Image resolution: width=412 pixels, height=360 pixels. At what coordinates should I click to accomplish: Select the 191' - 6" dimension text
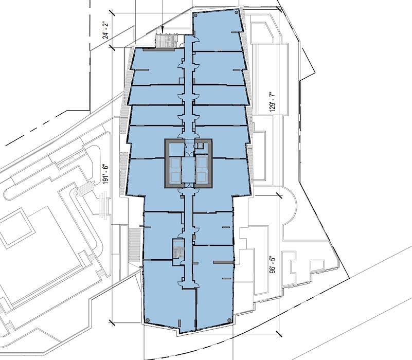[x=105, y=174]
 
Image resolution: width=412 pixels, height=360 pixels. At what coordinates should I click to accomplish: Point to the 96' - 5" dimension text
[x=273, y=265]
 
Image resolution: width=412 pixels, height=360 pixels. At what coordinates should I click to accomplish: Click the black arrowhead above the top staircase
[x=163, y=29]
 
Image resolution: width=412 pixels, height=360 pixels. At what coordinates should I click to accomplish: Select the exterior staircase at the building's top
[x=166, y=41]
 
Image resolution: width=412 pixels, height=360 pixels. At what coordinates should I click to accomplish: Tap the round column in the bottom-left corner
[x=148, y=320]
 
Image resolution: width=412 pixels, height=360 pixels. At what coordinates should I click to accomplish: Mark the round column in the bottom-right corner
[x=229, y=320]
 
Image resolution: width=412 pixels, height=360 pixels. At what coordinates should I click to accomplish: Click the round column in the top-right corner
[x=236, y=12]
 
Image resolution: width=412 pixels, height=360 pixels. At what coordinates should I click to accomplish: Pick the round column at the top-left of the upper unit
[x=195, y=15]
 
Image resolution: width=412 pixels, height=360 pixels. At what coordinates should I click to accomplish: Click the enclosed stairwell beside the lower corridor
[x=178, y=251]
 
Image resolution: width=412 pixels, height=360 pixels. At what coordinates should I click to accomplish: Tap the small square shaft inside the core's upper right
[x=201, y=146]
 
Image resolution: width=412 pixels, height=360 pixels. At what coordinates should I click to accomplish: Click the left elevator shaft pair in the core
[x=175, y=170]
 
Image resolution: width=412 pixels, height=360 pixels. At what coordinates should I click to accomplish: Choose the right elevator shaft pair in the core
[x=202, y=170]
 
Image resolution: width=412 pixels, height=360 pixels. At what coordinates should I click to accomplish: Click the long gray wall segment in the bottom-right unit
[x=223, y=262]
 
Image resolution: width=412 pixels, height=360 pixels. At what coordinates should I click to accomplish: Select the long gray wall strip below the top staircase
[x=165, y=49]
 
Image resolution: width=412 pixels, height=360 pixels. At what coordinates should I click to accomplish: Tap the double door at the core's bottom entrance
[x=188, y=186]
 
